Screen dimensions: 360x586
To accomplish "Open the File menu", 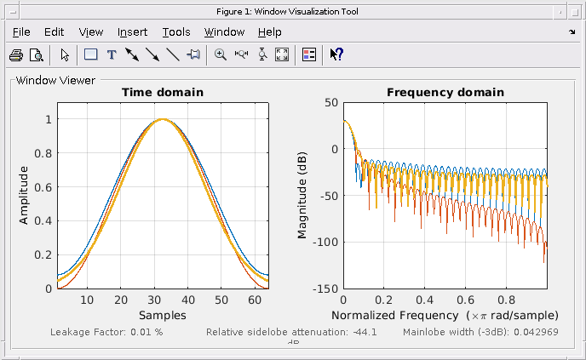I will tap(21, 32).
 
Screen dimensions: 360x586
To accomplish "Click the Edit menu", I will tap(54, 32).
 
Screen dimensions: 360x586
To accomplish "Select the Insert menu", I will tap(132, 32).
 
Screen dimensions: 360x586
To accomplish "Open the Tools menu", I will tap(176, 32).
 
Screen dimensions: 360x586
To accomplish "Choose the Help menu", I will tap(269, 32).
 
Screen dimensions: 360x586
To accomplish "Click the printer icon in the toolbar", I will tap(16, 55).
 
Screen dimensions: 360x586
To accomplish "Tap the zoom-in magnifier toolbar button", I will tap(221, 55).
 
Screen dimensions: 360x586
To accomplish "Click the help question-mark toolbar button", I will tap(336, 55).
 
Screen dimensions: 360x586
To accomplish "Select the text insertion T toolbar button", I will tap(111, 55).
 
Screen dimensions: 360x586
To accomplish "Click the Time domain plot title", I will tap(163, 93).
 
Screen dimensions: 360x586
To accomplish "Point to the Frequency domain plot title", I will tap(445, 93).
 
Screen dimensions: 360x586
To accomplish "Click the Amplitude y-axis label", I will tap(24, 195).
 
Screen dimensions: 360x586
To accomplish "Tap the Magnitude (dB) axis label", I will tap(302, 195).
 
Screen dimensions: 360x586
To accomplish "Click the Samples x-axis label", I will tap(162, 315).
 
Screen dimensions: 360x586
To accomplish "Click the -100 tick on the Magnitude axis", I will tap(324, 242).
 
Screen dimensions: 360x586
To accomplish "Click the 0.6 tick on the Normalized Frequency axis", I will tap(463, 300).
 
